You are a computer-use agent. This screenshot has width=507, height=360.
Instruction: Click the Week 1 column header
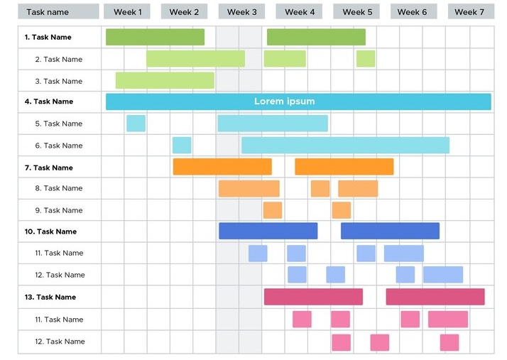pos(128,12)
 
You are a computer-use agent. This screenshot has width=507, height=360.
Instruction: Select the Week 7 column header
pos(469,12)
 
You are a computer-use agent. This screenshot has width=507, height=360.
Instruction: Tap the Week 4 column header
pos(300,12)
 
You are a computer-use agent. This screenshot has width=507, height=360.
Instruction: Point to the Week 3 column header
pos(242,12)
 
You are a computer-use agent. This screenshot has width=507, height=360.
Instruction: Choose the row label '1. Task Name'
pos(48,37)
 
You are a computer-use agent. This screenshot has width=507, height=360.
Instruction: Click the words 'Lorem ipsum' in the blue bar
pos(284,102)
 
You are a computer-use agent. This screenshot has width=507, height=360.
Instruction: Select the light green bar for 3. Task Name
pos(165,80)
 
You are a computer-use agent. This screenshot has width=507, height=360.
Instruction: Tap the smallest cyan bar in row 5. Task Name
pos(136,124)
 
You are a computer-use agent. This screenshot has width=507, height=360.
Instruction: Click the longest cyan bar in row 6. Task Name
pos(345,146)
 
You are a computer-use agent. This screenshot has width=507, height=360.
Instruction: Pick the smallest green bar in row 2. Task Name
pos(366,58)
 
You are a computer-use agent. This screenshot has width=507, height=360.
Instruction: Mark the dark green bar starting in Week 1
pos(155,37)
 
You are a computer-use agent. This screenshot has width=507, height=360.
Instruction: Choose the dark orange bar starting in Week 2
pos(222,167)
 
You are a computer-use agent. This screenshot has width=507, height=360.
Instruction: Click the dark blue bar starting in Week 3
pos(268,231)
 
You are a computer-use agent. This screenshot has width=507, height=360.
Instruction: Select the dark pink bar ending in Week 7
pos(435,297)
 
